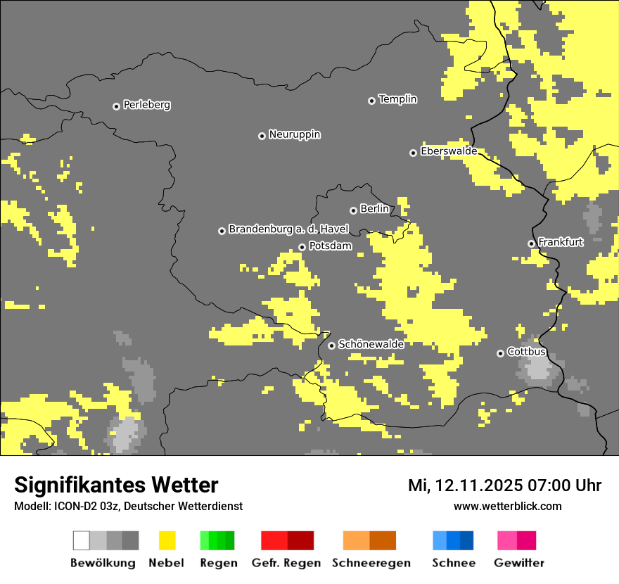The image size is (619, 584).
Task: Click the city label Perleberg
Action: click(x=146, y=105)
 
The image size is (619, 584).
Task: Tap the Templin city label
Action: click(x=397, y=99)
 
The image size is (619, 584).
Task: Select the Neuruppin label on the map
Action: click(x=294, y=134)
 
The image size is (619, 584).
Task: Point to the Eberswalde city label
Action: click(x=448, y=151)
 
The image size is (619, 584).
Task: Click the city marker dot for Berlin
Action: click(x=353, y=210)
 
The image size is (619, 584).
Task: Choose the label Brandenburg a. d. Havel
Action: click(x=288, y=229)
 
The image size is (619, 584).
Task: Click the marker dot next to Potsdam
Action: click(x=302, y=247)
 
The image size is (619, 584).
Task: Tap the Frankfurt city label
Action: click(x=560, y=242)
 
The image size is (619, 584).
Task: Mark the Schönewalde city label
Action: click(x=371, y=344)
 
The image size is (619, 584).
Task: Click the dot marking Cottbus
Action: click(x=500, y=353)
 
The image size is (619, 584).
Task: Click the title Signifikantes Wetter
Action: click(x=116, y=485)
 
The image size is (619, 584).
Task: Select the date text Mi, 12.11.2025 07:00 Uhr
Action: click(x=504, y=485)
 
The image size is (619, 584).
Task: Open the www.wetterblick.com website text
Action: click(x=507, y=506)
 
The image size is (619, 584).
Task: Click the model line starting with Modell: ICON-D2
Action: click(x=128, y=506)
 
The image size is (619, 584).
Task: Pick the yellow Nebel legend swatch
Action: click(x=167, y=540)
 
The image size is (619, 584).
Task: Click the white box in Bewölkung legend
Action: click(x=82, y=540)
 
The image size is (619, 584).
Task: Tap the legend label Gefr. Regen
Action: click(x=286, y=563)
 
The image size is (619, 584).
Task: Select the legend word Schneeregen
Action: click(x=371, y=563)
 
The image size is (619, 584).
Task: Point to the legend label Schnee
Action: click(x=453, y=563)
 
